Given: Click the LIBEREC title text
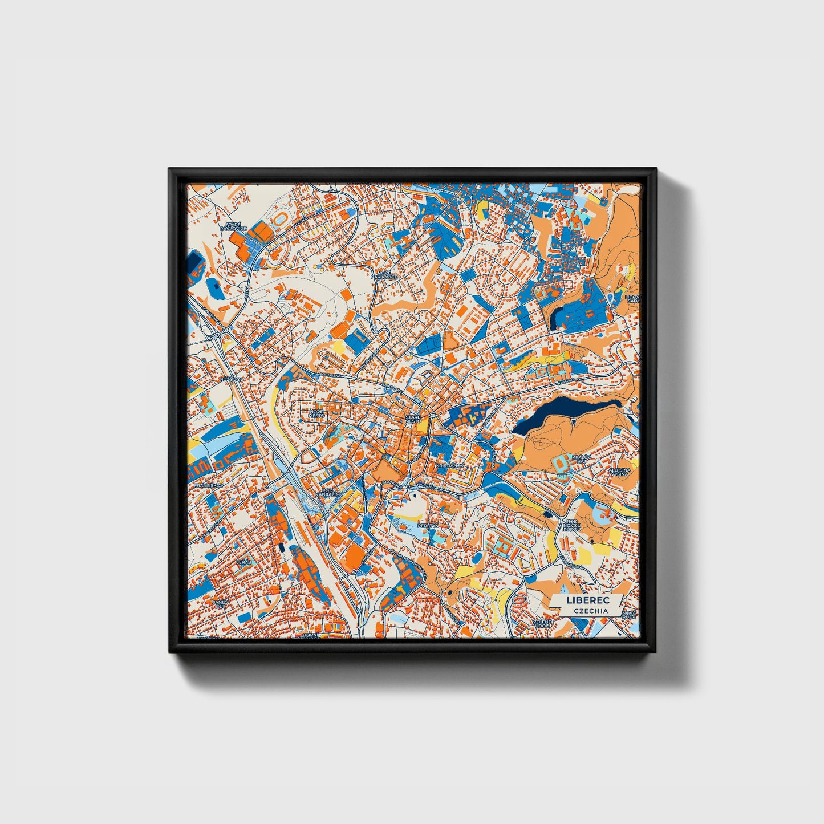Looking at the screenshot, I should pos(587,600).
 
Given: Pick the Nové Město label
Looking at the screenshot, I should pos(316,413).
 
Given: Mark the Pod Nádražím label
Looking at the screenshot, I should pos(331,492).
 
